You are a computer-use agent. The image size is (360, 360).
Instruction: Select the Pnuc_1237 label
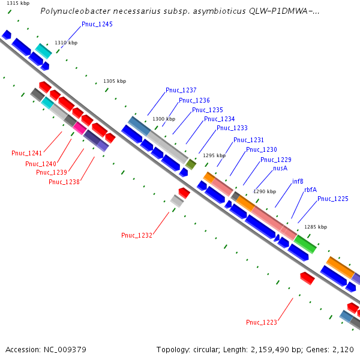click(x=181, y=90)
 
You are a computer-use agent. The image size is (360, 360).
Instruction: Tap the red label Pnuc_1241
click(x=27, y=153)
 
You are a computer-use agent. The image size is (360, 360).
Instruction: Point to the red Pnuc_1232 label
click(x=136, y=235)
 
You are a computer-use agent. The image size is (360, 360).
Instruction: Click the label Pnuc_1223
click(x=262, y=322)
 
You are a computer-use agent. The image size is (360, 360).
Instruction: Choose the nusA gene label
click(x=280, y=169)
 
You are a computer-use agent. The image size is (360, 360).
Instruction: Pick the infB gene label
click(x=298, y=181)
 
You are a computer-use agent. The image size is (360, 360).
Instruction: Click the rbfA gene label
click(x=310, y=189)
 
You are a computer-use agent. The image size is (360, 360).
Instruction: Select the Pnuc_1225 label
click(x=333, y=199)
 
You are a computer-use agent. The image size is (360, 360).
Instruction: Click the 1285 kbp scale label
click(x=316, y=227)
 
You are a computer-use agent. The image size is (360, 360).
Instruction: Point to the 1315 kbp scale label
click(x=17, y=4)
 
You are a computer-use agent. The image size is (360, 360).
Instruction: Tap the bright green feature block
click(x=305, y=244)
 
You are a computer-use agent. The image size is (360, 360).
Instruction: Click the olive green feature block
click(x=191, y=164)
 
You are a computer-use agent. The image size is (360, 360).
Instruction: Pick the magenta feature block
click(x=80, y=128)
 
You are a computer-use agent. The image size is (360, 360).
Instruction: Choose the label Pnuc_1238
click(x=64, y=182)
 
